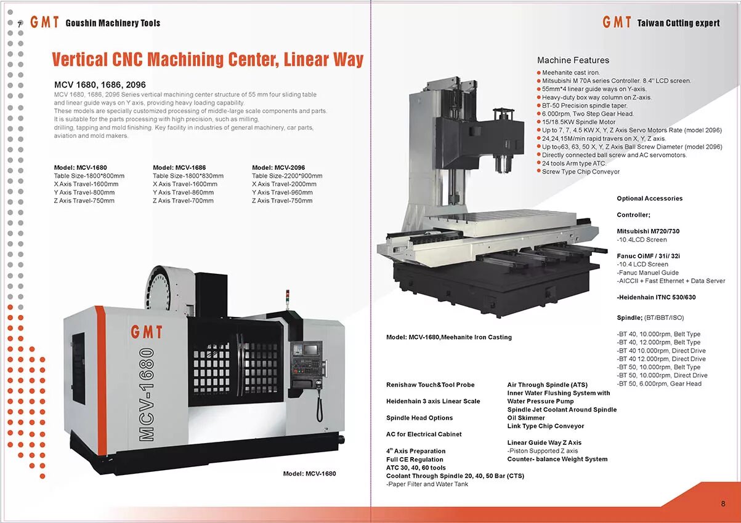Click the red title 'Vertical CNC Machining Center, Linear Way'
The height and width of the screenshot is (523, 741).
click(208, 60)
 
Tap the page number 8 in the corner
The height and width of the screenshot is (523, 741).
click(723, 503)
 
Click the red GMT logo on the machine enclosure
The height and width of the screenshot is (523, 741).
click(147, 332)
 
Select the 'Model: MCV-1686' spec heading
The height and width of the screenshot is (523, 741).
click(179, 167)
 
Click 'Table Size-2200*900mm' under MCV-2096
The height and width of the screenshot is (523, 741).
click(286, 176)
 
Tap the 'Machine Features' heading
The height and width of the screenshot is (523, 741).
click(573, 60)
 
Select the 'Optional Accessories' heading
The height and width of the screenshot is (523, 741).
click(649, 199)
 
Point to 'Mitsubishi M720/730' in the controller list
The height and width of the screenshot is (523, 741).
click(648, 231)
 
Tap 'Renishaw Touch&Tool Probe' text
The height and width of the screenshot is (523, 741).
click(430, 385)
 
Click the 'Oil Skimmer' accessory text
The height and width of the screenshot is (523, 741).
click(526, 418)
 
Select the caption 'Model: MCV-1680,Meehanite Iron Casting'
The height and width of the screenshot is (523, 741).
click(448, 337)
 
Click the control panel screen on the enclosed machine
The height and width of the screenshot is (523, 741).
click(306, 349)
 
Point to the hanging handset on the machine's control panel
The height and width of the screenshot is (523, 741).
click(319, 403)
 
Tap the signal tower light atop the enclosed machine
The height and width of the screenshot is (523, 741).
click(286, 297)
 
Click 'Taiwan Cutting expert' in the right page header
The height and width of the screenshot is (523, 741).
click(678, 23)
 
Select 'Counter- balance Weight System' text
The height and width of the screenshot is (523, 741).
click(557, 459)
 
